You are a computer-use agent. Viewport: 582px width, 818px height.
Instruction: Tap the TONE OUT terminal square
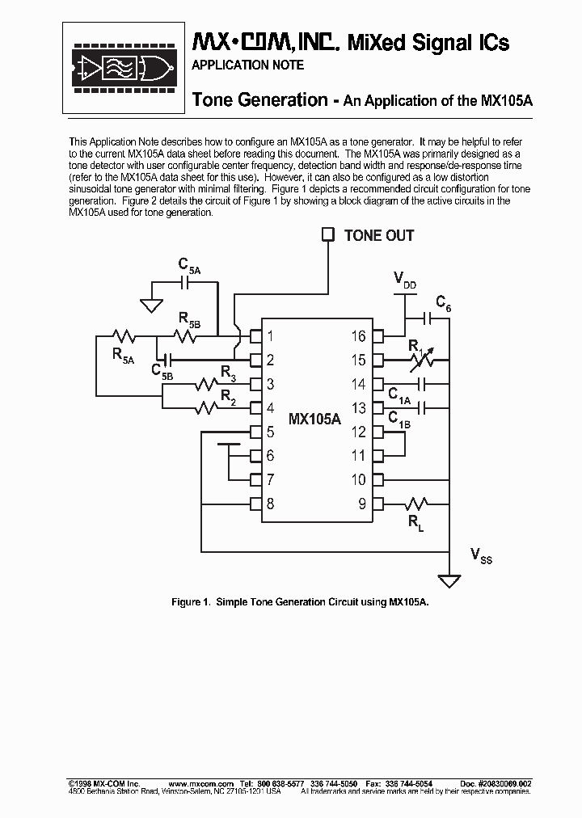[327, 234]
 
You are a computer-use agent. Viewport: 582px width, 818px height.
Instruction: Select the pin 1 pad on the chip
[255, 335]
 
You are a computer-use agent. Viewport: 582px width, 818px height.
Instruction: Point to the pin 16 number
[358, 336]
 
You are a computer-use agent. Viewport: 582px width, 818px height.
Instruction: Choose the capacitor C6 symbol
[428, 318]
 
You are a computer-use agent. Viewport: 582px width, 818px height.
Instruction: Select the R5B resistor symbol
[188, 335]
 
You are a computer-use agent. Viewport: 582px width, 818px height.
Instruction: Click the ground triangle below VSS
[449, 580]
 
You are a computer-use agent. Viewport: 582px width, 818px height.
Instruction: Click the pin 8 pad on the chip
[255, 504]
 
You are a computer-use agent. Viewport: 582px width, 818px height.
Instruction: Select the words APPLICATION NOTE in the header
[247, 65]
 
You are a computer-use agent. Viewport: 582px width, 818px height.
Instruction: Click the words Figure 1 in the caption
[191, 602]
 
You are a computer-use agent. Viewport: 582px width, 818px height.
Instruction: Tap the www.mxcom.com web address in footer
[201, 784]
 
